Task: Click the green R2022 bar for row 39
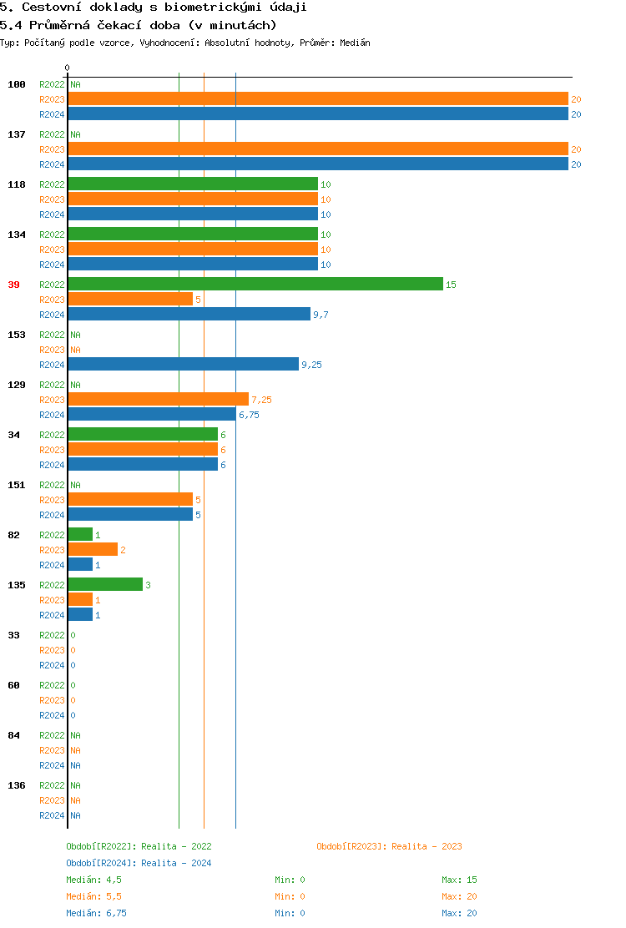(x=255, y=285)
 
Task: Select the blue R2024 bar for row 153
(x=183, y=365)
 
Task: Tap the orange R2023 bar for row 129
(x=159, y=400)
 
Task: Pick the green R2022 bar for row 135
(x=105, y=585)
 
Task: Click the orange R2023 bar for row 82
(x=93, y=550)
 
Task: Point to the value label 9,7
(x=321, y=315)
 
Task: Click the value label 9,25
(x=311, y=365)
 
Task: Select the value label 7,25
(x=261, y=400)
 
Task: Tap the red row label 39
(x=13, y=285)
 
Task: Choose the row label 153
(x=17, y=335)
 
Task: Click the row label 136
(x=17, y=785)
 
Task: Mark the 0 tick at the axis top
(x=68, y=68)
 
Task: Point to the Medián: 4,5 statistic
(x=94, y=880)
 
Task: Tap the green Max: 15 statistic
(x=459, y=880)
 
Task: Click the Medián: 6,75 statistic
(x=97, y=913)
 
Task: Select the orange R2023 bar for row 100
(x=318, y=99)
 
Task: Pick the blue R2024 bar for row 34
(x=143, y=465)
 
